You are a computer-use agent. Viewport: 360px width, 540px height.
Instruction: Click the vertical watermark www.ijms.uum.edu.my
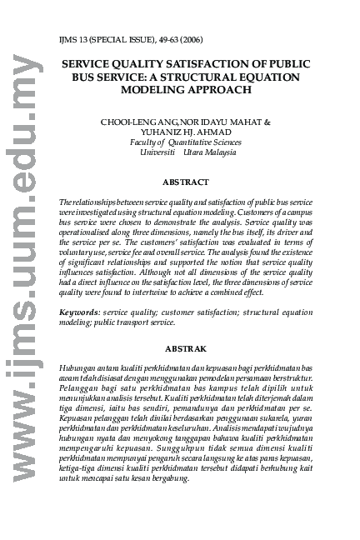(x=22, y=275)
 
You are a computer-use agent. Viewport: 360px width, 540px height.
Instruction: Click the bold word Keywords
(x=78, y=312)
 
